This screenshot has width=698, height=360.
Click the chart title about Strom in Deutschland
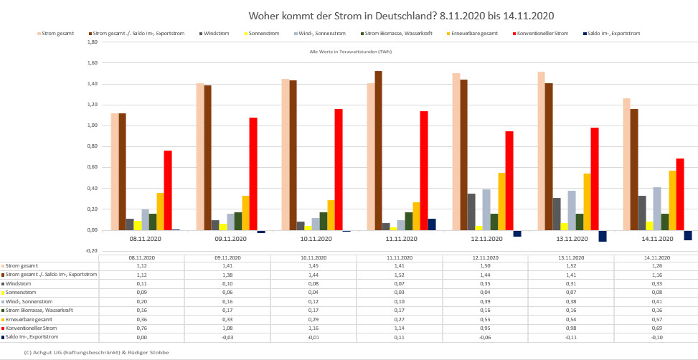click(401, 15)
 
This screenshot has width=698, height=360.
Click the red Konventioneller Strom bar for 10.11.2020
click(339, 169)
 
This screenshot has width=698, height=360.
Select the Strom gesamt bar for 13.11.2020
click(540, 151)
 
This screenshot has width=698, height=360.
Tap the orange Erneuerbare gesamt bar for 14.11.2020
click(672, 200)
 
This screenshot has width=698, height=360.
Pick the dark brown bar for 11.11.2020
click(378, 151)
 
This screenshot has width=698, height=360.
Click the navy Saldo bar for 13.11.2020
click(603, 236)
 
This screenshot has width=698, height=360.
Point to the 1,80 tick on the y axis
click(91, 42)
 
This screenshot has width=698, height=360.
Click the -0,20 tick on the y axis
click(91, 251)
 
